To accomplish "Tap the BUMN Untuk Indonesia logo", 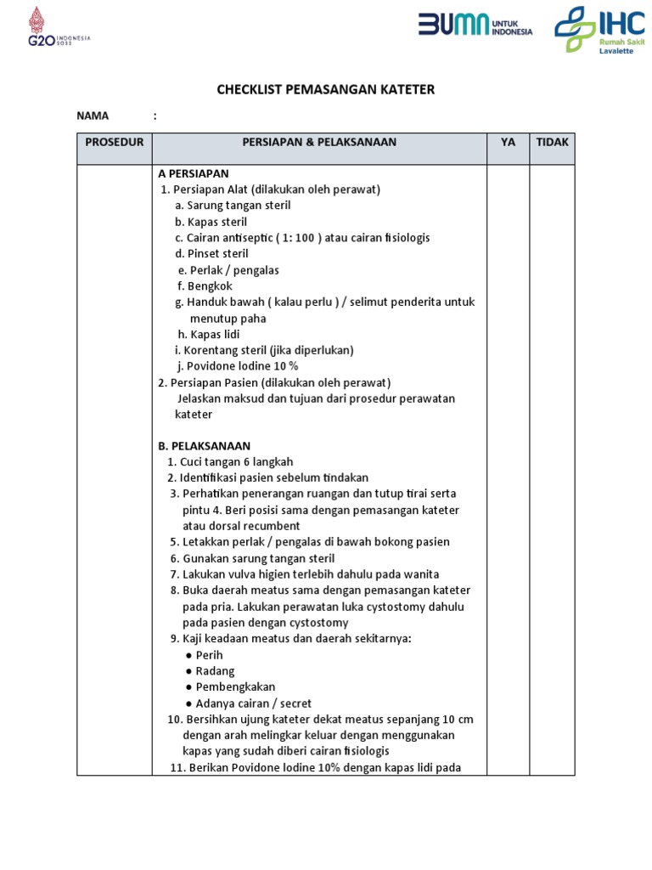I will pos(475,26).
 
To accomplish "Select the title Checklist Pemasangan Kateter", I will pos(326,89).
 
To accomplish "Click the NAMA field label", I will pos(94,116).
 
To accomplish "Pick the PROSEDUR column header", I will pos(115,142).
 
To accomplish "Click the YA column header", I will pos(508,142).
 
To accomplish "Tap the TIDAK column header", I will pos(552,142).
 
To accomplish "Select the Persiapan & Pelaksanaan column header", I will pos(319,142).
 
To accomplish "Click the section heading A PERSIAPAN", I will pos(194,173).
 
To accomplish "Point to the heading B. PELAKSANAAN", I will pos(204,446).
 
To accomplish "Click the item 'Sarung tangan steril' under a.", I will pos(233,206).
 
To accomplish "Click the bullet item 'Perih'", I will pos(209,655).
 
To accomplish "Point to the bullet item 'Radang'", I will pos(215,671).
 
